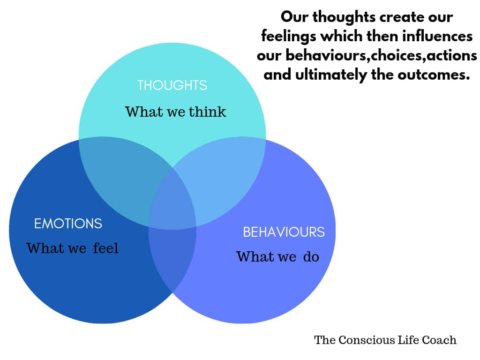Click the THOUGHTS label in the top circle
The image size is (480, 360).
172,85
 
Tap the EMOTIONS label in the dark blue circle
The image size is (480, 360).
68,224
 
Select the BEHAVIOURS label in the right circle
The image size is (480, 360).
283,232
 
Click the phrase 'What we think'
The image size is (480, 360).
175,112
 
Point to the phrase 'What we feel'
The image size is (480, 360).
72,247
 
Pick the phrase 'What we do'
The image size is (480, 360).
277,256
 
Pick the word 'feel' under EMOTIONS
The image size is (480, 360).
105,247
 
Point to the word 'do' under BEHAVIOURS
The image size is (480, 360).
311,256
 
